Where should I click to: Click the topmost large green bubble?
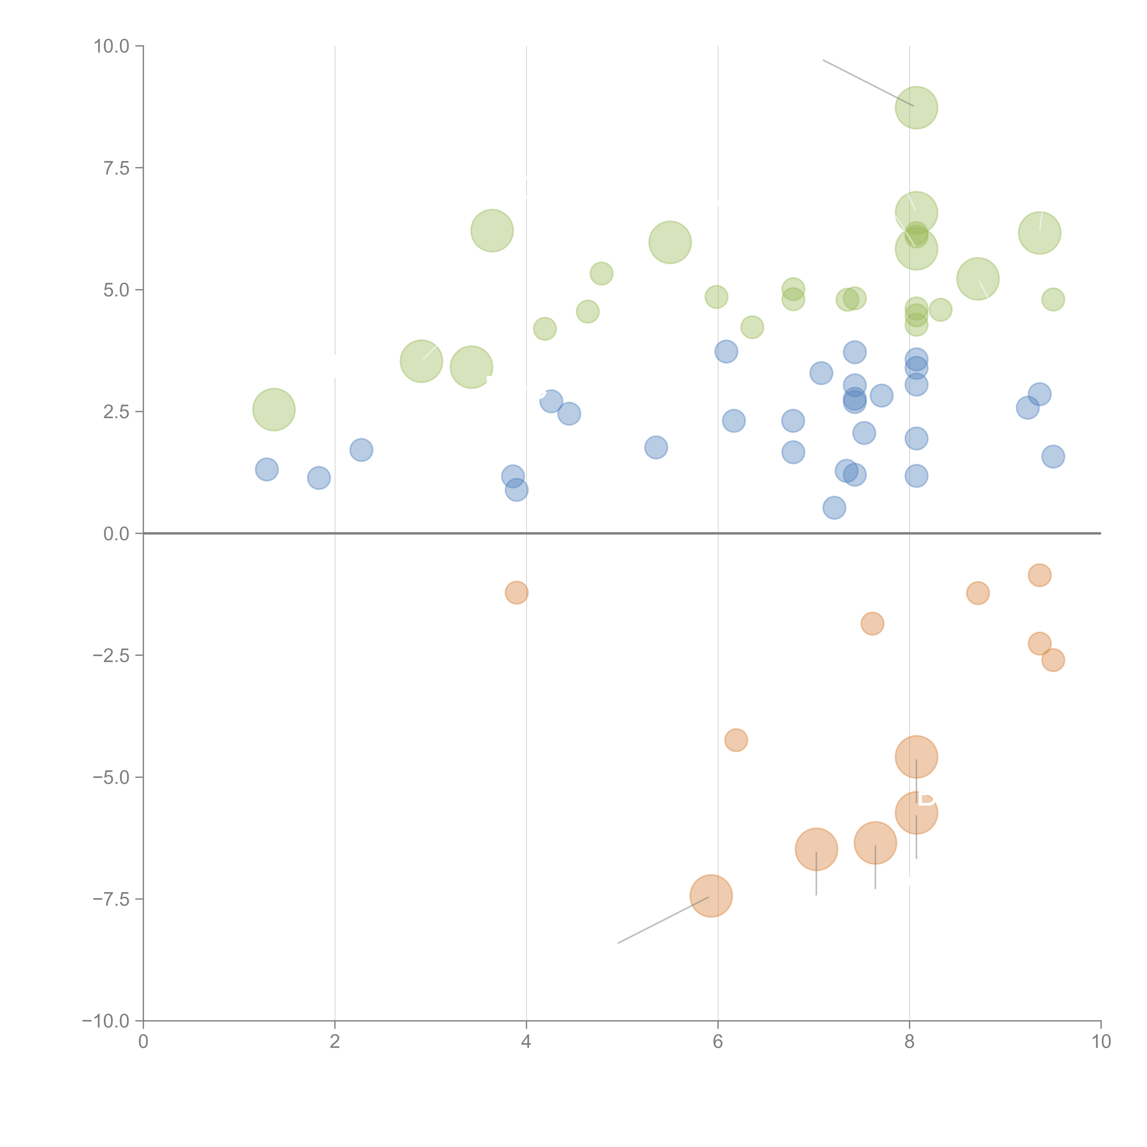[x=916, y=107]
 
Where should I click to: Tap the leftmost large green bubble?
[x=274, y=410]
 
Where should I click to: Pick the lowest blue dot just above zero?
[x=834, y=508]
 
